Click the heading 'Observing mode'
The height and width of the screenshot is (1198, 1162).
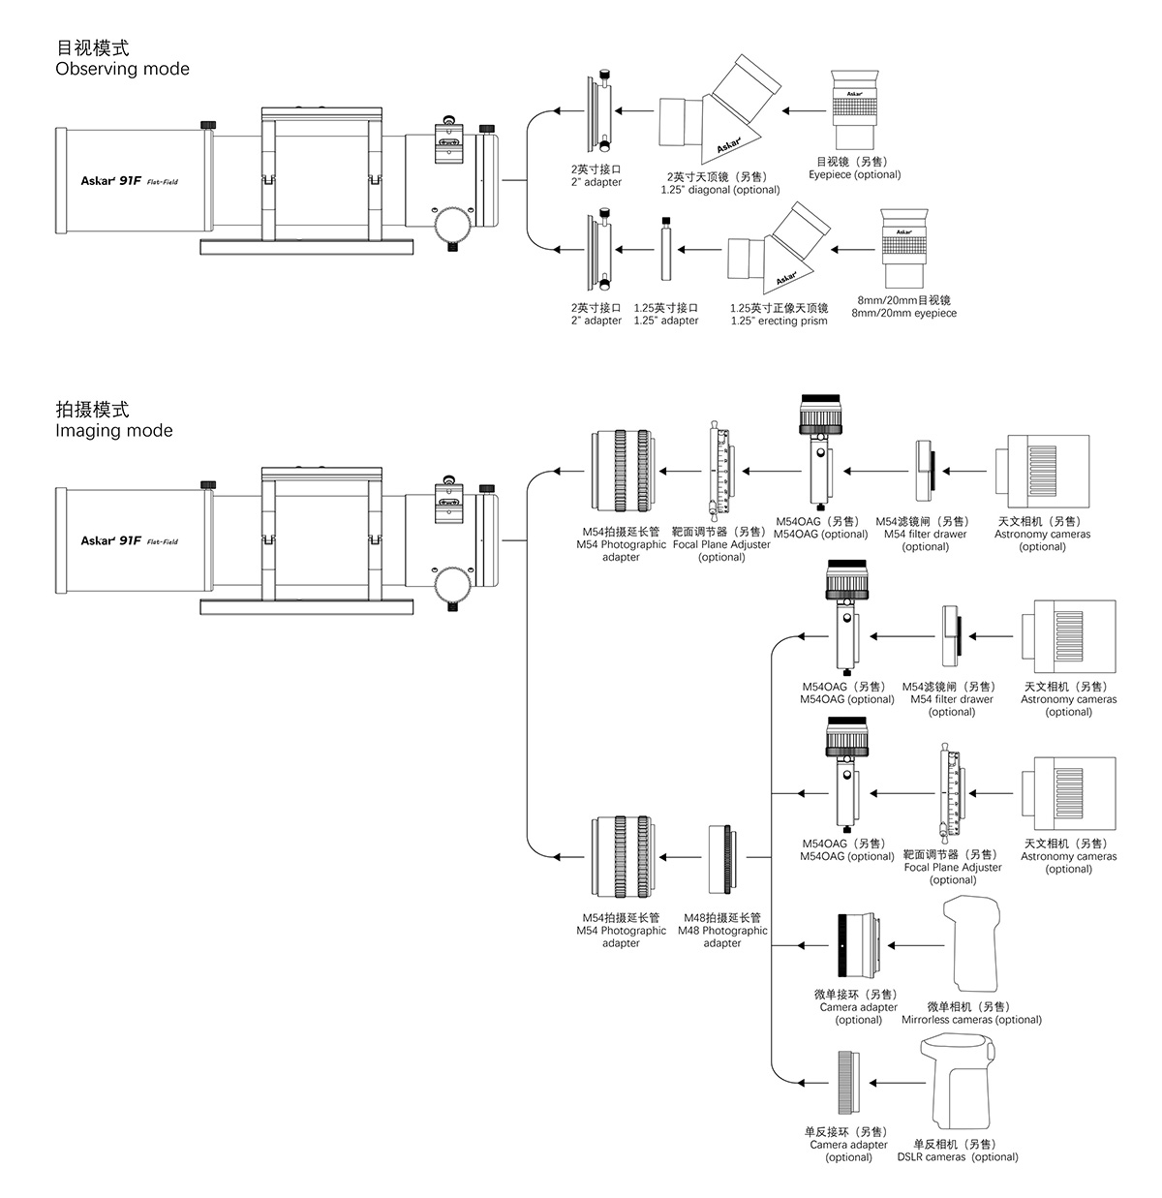tap(122, 69)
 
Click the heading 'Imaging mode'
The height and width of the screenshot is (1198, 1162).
tap(114, 430)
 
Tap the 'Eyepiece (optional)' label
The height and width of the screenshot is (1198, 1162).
tap(854, 175)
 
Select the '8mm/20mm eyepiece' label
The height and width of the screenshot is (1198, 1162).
tap(903, 314)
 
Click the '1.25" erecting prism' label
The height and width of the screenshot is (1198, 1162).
tap(780, 321)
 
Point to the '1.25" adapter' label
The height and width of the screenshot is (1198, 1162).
tap(666, 321)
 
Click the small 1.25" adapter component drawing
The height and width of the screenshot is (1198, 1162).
tap(665, 249)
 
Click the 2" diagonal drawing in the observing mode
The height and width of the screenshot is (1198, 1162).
tap(719, 109)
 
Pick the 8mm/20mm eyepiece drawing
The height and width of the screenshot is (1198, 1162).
tap(903, 248)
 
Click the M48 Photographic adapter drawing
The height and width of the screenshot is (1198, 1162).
tap(722, 859)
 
